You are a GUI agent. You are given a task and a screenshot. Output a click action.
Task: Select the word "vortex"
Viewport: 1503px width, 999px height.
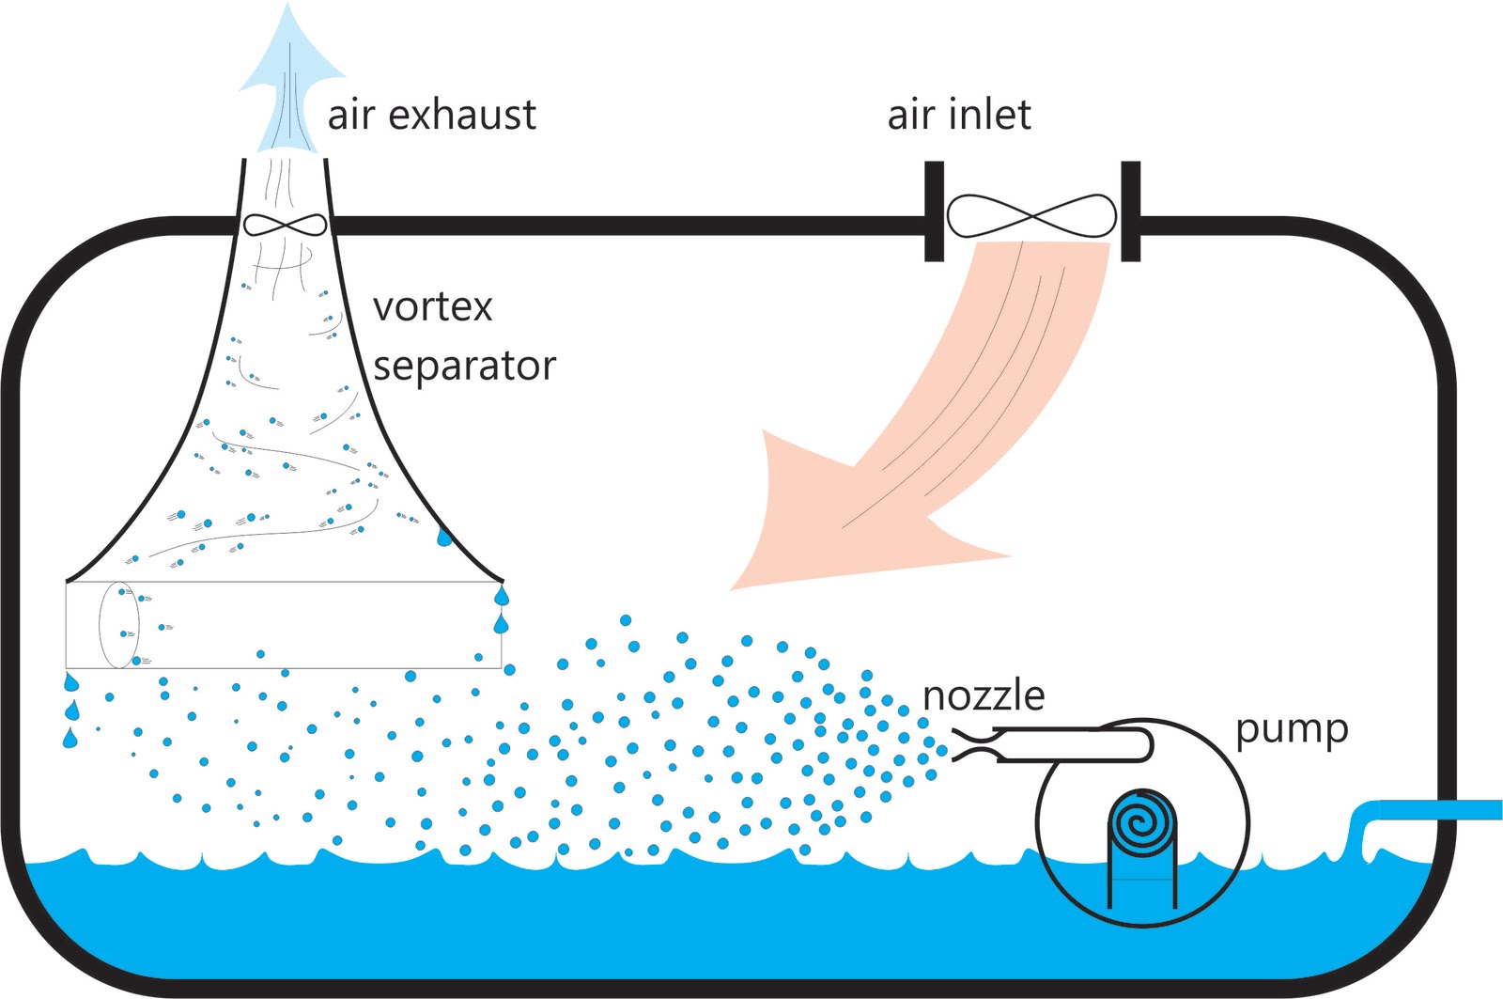(x=432, y=307)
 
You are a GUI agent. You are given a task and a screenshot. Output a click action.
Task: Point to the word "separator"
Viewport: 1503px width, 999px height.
(x=464, y=367)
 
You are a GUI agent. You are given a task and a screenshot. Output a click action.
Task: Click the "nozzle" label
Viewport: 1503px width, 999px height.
(x=984, y=696)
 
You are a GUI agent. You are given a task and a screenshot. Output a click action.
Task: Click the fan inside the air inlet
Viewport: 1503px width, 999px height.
(x=1031, y=216)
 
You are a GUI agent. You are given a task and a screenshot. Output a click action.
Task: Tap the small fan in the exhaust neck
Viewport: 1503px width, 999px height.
(x=286, y=225)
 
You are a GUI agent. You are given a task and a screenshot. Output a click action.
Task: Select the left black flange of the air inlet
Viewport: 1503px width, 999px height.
(x=934, y=211)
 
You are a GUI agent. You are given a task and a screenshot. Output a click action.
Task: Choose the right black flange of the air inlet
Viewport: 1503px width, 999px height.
(x=1131, y=211)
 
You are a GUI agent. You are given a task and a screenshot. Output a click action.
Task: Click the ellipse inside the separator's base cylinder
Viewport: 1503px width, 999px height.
(x=119, y=625)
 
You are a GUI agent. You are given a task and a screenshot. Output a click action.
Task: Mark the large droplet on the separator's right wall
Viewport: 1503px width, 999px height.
(x=444, y=538)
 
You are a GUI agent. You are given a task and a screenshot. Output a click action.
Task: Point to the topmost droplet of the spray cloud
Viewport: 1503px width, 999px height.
(x=626, y=620)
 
